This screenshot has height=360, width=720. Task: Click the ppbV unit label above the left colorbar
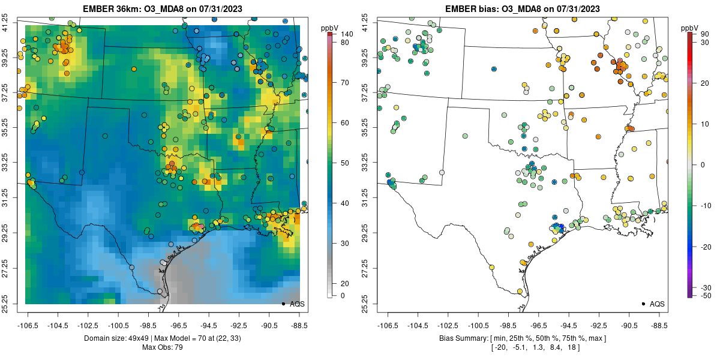[329, 28]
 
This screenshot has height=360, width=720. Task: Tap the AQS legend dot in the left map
[283, 304]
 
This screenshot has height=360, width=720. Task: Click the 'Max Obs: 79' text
[162, 347]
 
